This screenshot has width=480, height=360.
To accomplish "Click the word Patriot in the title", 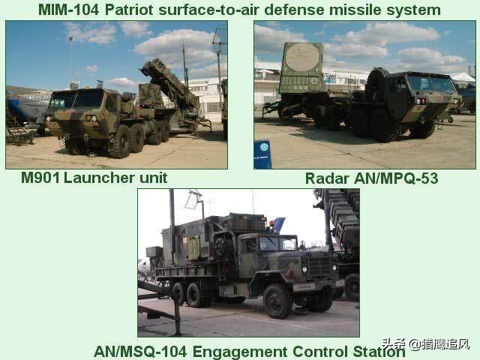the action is coord(129,10).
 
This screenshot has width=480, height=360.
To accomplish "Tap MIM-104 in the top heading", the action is coord(69,10).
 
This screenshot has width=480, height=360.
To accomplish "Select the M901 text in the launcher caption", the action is coord(40,178).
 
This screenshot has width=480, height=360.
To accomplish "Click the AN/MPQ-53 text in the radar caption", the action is coord(396,178).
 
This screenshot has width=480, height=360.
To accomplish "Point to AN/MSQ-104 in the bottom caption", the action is coord(140,352).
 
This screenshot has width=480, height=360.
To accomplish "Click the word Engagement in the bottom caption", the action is coord(240,352).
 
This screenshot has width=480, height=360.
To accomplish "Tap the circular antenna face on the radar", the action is coord(302,57).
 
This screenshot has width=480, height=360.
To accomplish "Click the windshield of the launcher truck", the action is coord(76,99).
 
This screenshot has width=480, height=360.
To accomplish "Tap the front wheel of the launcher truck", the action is coord(120,142).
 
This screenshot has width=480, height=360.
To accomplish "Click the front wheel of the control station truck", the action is coord(277,301).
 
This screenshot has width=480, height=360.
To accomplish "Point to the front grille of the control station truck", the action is coord(320,265).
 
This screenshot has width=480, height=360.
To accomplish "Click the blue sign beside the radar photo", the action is coord(262,154).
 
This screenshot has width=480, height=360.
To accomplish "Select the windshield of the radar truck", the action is coord(431,83).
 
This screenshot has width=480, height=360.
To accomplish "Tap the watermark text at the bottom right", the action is coord(425,344).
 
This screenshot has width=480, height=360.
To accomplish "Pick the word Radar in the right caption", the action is coord(327,178).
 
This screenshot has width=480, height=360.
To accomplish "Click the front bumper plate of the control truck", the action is coord(304,287).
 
